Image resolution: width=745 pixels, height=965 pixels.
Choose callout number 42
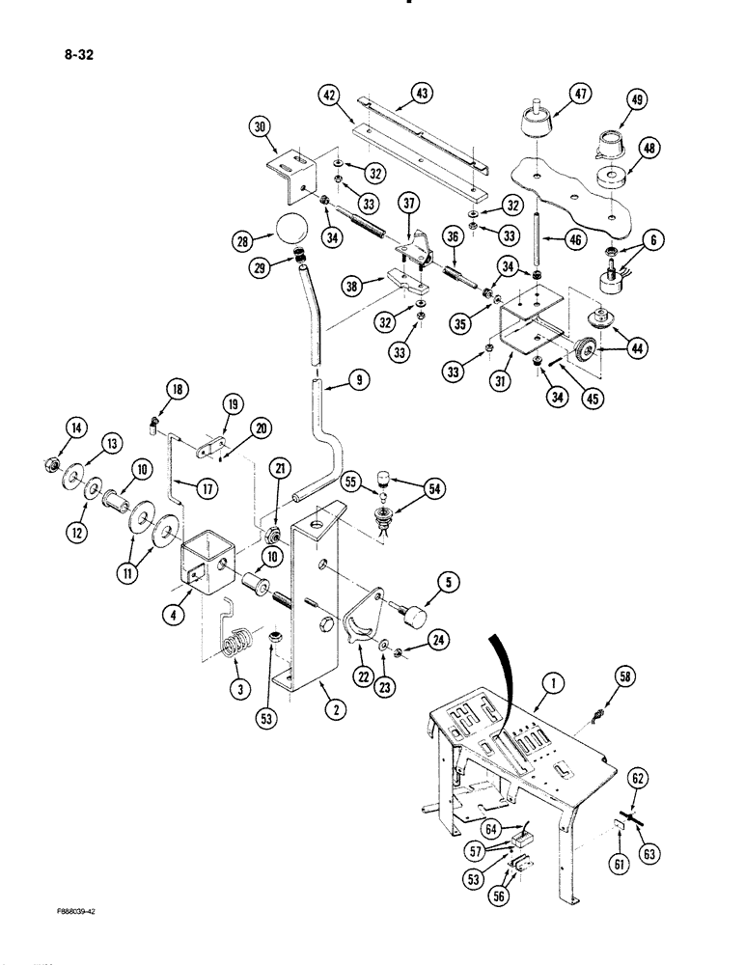coord(330,95)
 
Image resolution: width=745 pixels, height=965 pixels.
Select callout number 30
coord(261,125)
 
